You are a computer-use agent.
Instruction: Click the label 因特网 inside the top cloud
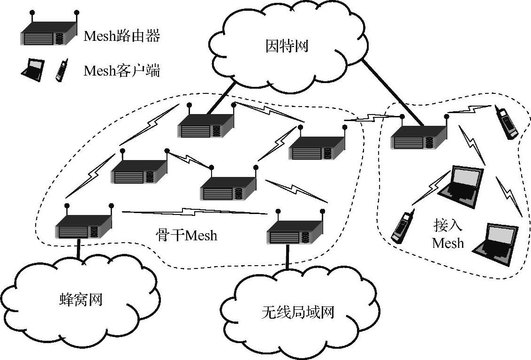[x=287, y=46]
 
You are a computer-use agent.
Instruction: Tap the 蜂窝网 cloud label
[x=81, y=299]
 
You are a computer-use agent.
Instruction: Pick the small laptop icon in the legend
[x=32, y=70]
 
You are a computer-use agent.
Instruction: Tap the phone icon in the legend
[x=61, y=70]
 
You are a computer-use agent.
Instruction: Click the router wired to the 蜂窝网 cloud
[x=84, y=227]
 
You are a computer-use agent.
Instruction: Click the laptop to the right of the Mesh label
[x=496, y=243]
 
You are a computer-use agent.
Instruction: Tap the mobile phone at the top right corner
[x=506, y=123]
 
